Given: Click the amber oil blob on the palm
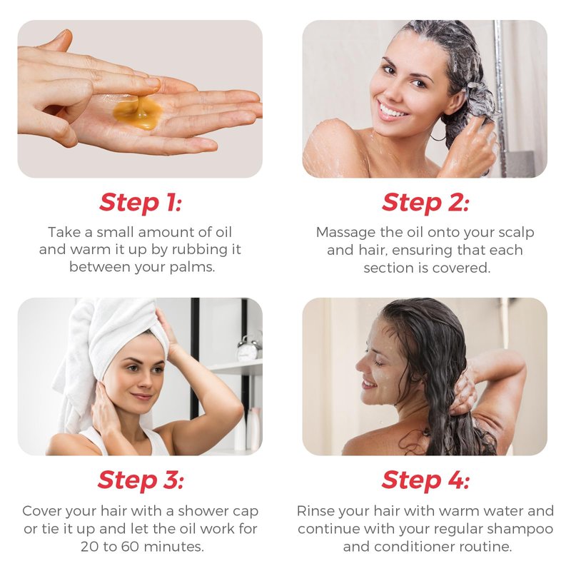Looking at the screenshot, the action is pos(137,112).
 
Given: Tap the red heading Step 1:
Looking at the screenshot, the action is pos(140,203).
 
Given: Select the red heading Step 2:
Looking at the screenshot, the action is pos(425,203).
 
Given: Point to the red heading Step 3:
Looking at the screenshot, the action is pos(141,480).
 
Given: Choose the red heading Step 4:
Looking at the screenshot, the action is pos(425,480).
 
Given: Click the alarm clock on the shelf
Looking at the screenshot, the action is pos(248,348).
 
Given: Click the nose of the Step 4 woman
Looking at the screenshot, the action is pos(360,365).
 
